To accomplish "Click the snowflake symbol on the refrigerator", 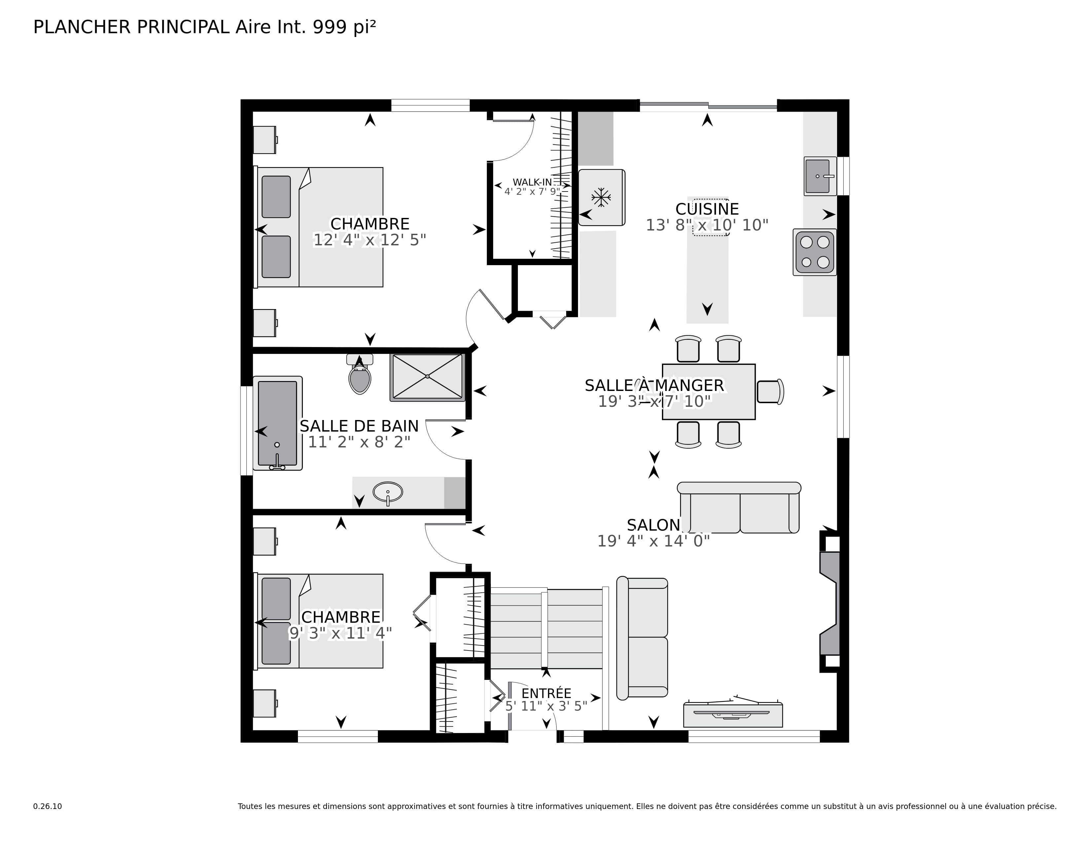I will [601, 197].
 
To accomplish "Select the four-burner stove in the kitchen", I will [815, 252].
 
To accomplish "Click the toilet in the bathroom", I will [360, 378].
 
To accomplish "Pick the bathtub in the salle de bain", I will [277, 423].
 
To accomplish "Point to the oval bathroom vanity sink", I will [388, 492].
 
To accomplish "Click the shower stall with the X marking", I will [427, 377].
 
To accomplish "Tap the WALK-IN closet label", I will [532, 183].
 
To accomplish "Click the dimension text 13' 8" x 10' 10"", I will [707, 226].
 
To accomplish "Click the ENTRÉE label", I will [546, 693].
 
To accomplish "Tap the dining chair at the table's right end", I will [770, 392].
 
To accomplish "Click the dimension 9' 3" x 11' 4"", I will [340, 633].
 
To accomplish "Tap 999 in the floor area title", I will [329, 27].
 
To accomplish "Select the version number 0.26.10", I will [48, 806].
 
